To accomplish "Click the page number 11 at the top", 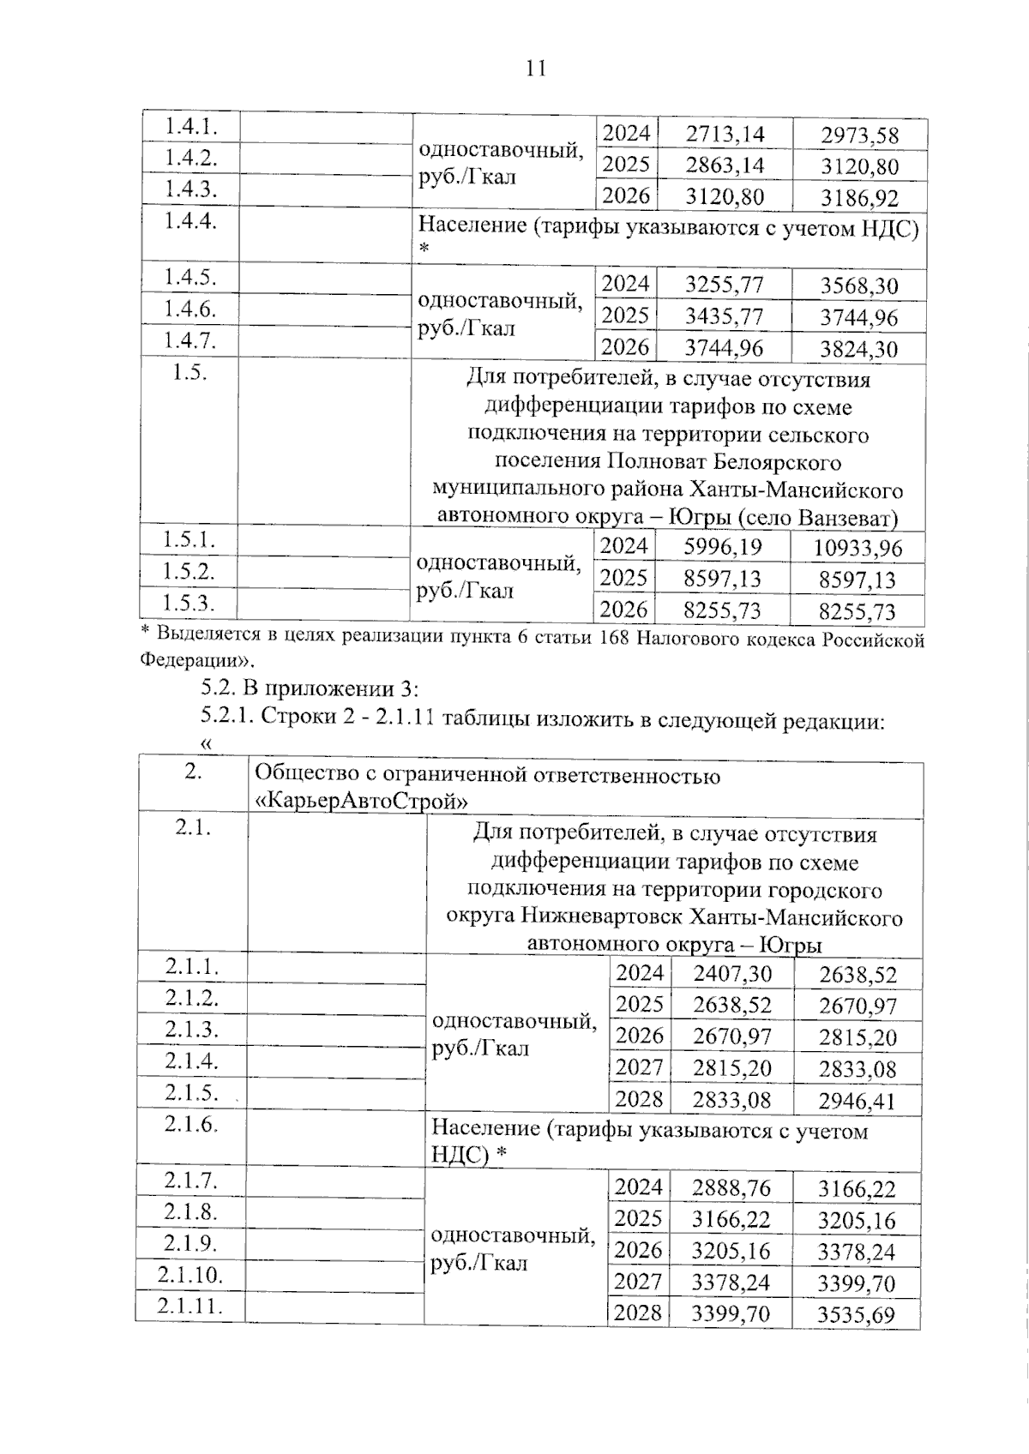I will point(535,69).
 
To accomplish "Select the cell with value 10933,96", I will point(857,549).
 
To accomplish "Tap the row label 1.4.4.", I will point(190,221).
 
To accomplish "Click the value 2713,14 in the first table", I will point(725,135).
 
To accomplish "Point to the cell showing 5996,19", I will point(722,547).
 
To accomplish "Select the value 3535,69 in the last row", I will point(857,1315).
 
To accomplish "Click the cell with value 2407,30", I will point(732,974).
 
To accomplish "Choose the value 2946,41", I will point(857,1101).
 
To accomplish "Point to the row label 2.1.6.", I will point(192,1124).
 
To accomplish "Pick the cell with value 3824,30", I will point(858,350).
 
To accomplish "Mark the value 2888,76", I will point(731,1188).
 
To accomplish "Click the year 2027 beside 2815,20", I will point(640,1068).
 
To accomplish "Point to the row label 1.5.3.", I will point(190,603).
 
